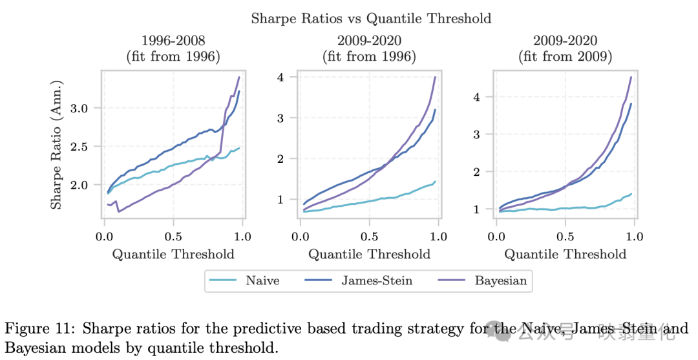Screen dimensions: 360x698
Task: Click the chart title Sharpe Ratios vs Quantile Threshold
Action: coord(370,19)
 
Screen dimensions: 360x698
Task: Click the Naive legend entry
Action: coord(261,281)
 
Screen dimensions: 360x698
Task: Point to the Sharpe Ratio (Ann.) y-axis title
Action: coord(58,145)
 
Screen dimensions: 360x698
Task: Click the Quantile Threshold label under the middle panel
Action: coord(369,254)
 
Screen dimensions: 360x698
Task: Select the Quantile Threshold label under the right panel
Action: coord(566,254)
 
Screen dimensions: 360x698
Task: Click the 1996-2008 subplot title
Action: coord(173,41)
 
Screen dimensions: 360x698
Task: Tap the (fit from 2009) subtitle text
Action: coord(566,56)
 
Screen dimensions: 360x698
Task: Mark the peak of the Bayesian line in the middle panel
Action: coord(436,77)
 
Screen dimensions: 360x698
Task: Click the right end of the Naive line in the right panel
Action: coord(631,193)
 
